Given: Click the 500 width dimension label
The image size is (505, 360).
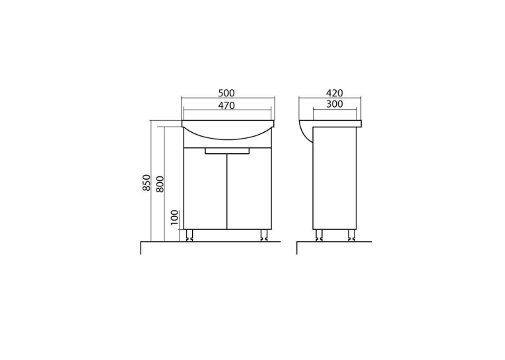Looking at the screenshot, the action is (x=226, y=93).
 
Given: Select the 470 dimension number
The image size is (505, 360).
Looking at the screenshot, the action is (x=226, y=106).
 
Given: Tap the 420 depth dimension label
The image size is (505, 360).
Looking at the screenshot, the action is (x=334, y=93).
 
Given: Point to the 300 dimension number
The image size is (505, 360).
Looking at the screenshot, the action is (x=334, y=104).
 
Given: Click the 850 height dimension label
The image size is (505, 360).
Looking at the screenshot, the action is (x=147, y=182).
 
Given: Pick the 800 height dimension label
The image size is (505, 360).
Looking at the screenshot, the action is (x=160, y=184).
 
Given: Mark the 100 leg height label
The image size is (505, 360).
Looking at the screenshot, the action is (x=174, y=218).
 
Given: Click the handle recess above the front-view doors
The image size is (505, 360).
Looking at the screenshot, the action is (x=227, y=151).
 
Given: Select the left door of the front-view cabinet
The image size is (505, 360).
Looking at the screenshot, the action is (x=205, y=188).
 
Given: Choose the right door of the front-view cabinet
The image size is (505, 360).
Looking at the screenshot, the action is (x=250, y=188).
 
